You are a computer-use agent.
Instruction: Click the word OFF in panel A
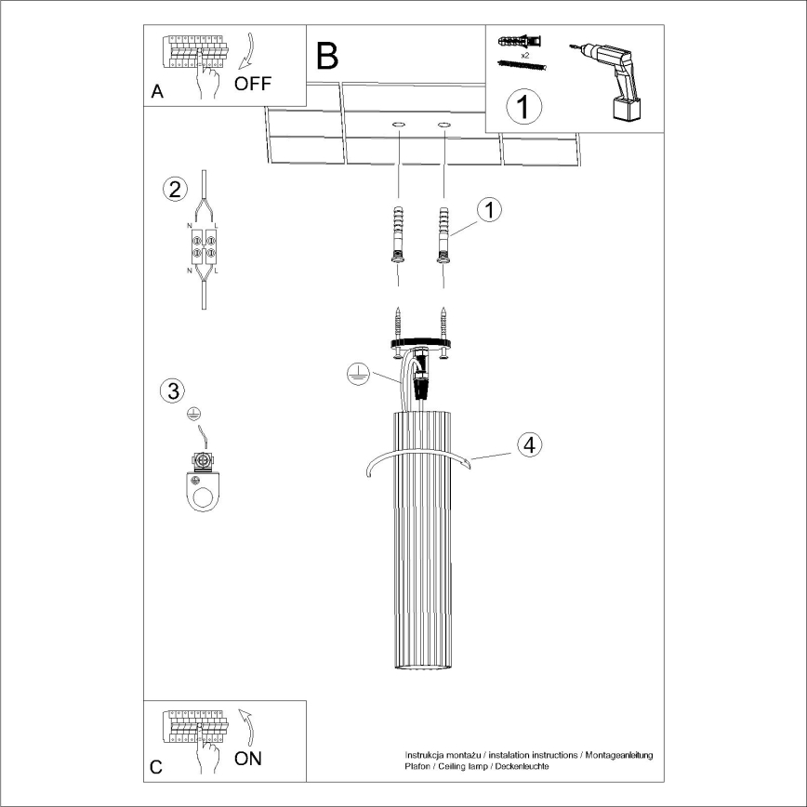tap(253, 84)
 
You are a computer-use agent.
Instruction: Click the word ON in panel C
tap(247, 758)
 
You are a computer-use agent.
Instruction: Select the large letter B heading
tap(327, 57)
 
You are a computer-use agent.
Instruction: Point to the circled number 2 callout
tap(173, 189)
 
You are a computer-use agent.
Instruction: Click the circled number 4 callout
tap(528, 444)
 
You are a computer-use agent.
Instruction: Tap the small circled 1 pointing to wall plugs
tap(489, 210)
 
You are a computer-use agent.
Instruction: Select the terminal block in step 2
tap(203, 245)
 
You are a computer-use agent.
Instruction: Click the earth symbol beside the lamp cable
tap(356, 375)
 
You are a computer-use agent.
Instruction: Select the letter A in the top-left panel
tap(156, 92)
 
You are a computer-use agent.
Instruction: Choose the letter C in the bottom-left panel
tap(156, 767)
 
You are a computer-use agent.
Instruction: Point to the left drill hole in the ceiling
tap(398, 124)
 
